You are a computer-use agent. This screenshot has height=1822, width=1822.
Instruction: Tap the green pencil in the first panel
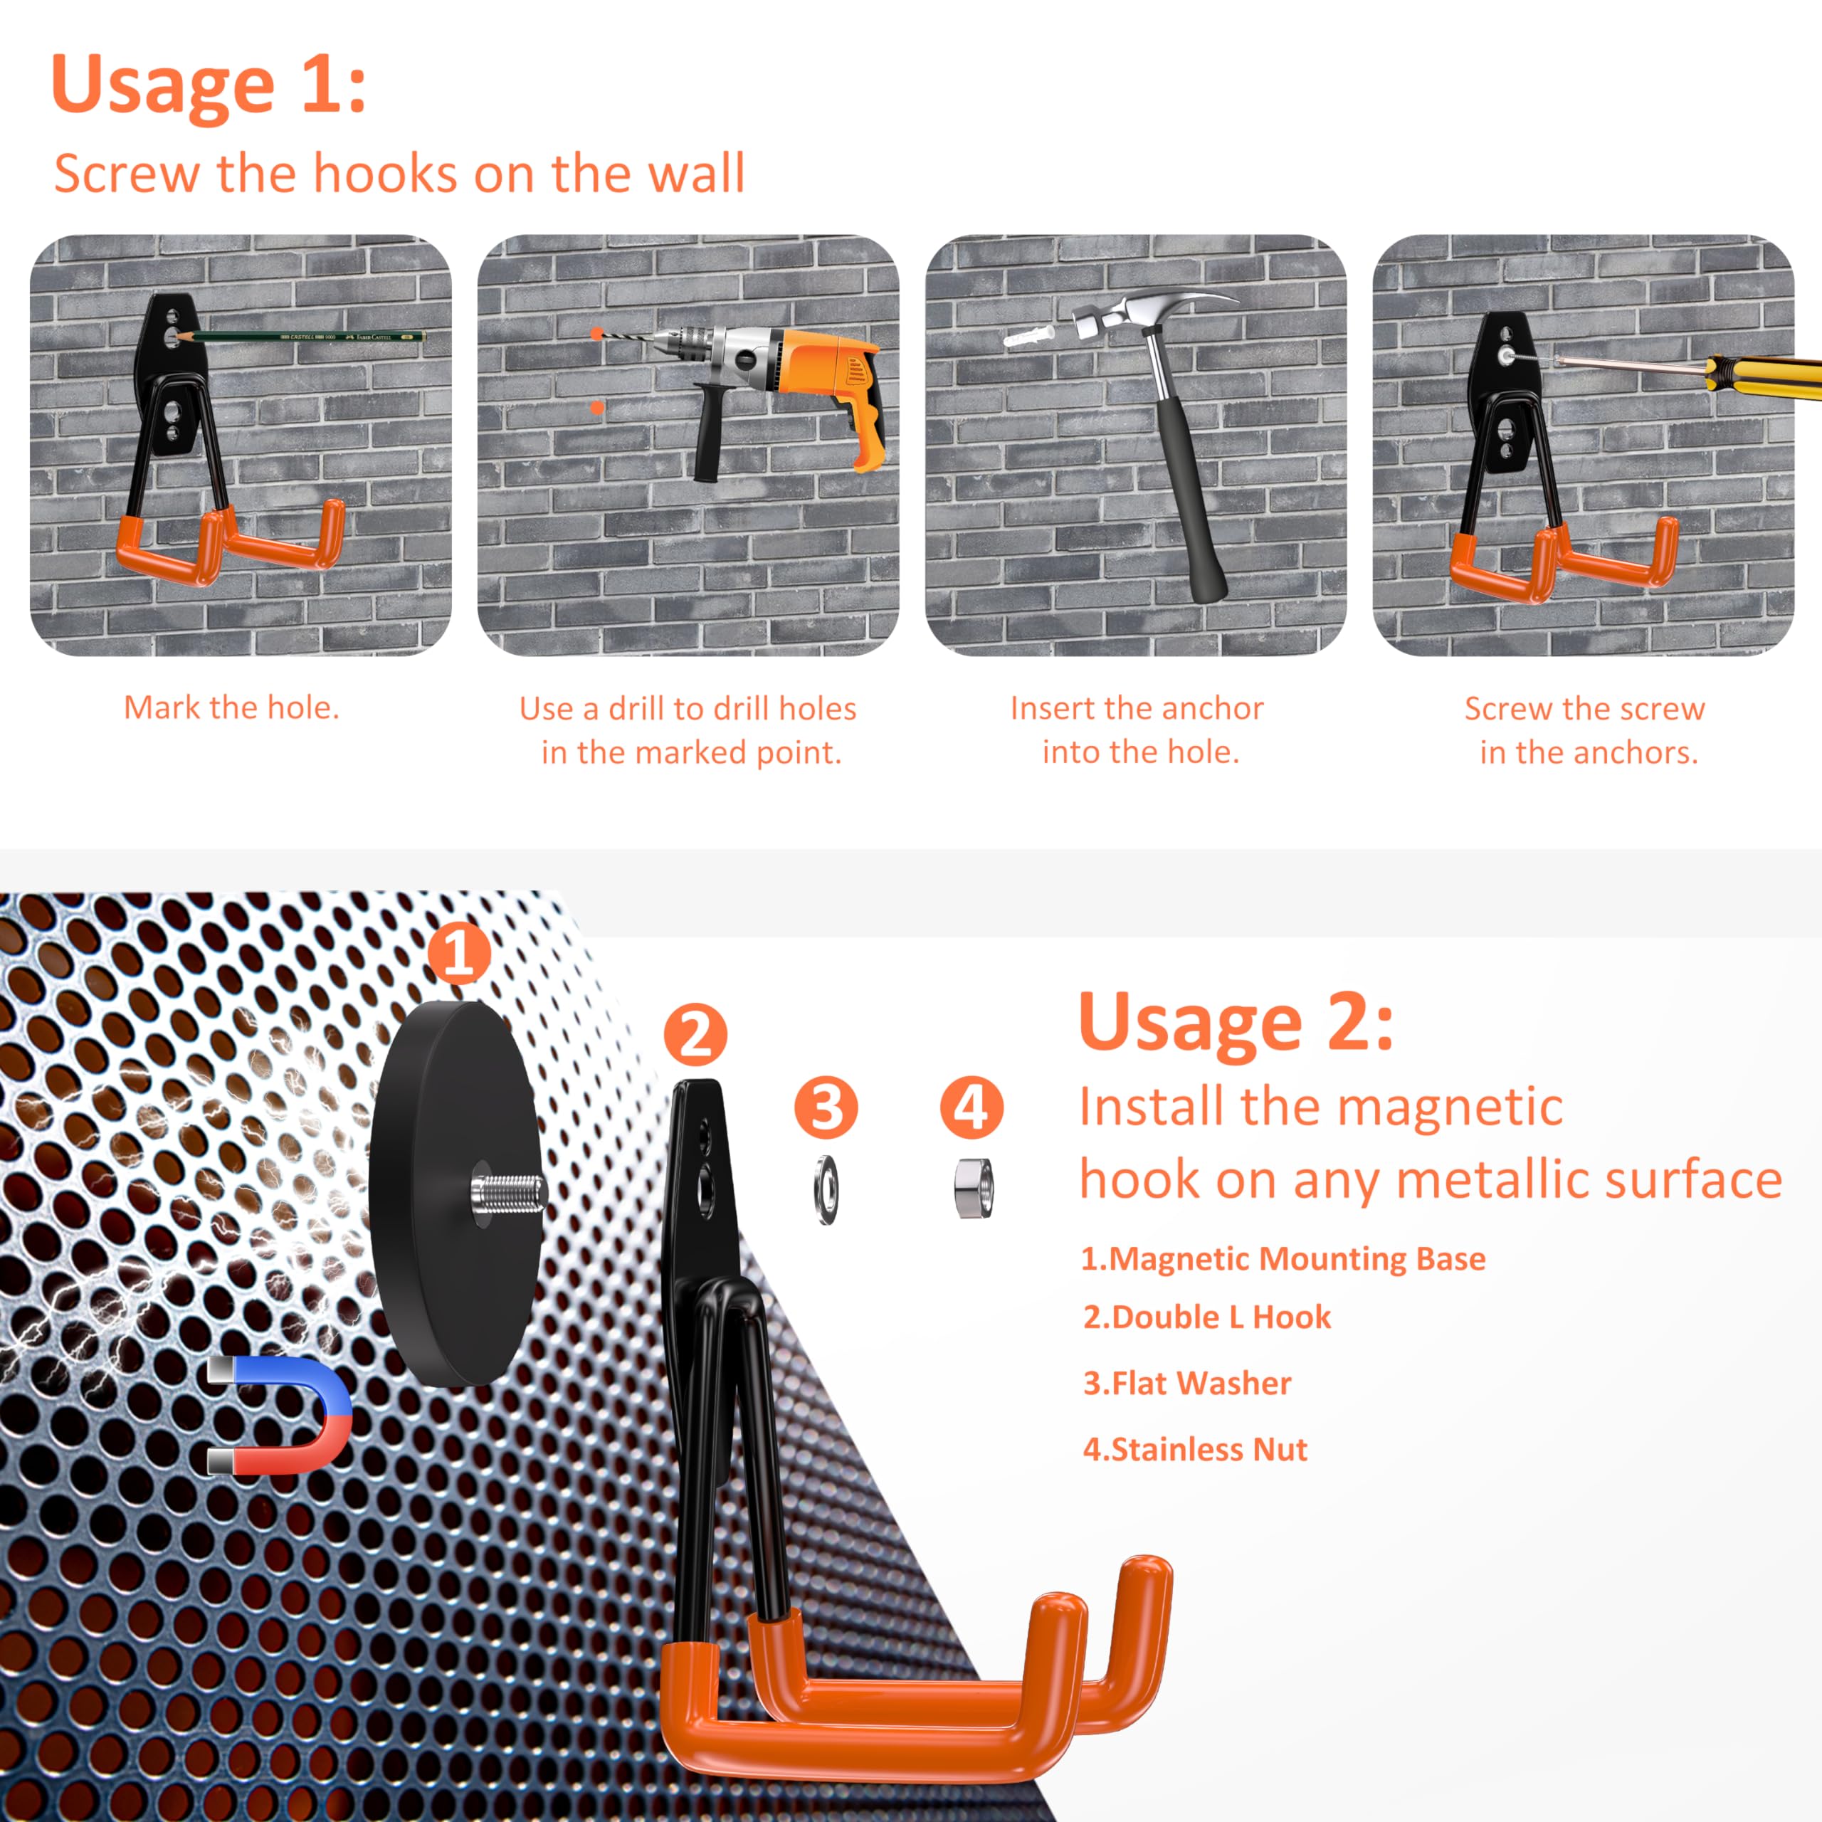[302, 336]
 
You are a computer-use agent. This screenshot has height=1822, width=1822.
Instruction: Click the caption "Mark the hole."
[231, 707]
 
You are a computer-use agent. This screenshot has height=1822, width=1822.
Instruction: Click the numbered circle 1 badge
[458, 954]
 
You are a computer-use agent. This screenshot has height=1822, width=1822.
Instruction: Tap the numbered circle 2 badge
[695, 1033]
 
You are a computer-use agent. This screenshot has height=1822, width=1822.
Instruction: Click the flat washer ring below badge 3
[826, 1189]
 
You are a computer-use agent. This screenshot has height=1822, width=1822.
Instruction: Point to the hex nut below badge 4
[972, 1189]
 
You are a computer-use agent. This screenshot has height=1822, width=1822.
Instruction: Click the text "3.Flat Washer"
[1186, 1383]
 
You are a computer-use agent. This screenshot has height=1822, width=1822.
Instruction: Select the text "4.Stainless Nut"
[1194, 1448]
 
